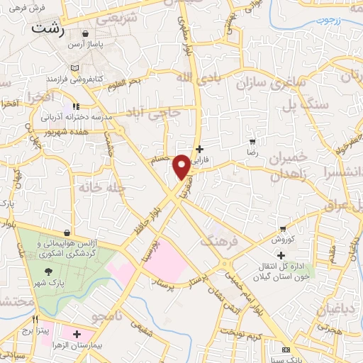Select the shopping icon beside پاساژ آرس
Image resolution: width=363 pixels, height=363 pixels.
[x=85, y=33]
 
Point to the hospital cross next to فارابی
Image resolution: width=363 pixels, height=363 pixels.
[x=200, y=149]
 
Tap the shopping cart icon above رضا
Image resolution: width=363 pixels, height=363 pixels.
[x=252, y=143]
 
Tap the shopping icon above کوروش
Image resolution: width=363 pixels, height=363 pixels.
[x=284, y=229]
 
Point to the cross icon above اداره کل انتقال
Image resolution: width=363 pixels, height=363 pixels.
[x=281, y=255]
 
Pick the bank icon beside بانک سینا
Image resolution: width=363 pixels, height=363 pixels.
[x=286, y=350]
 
